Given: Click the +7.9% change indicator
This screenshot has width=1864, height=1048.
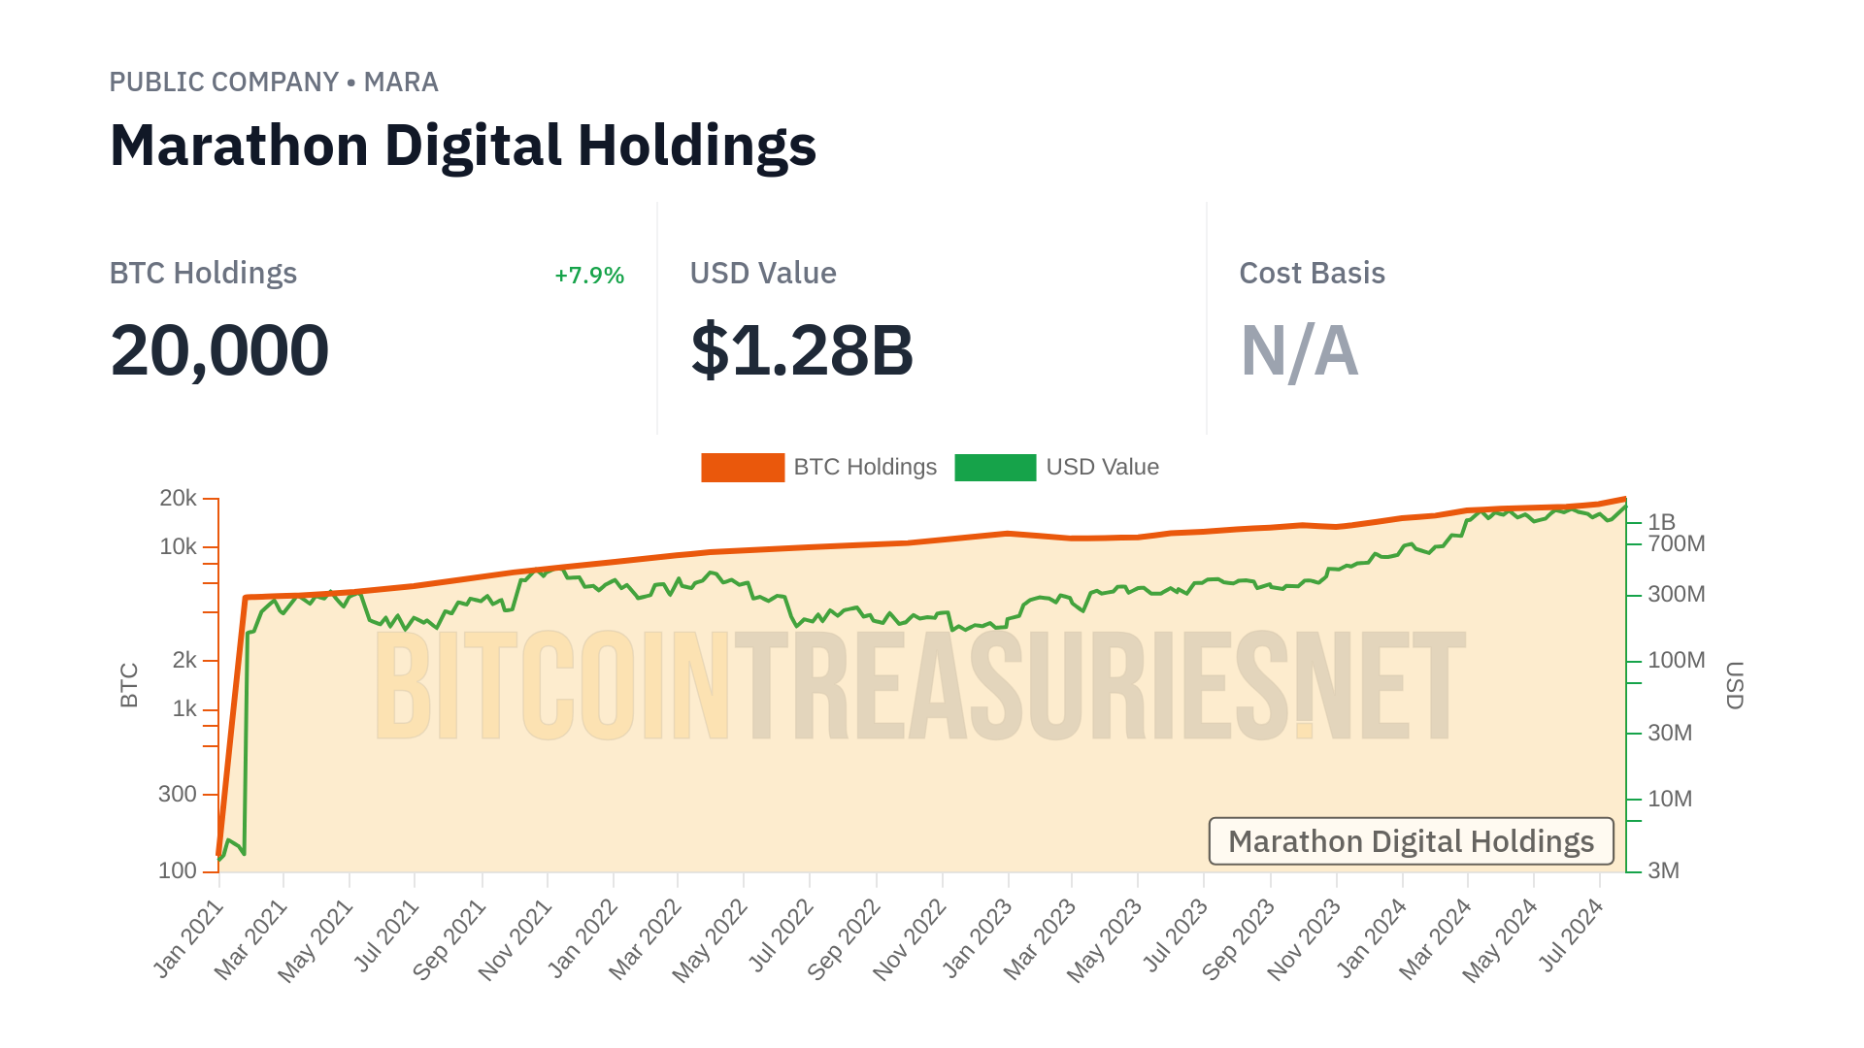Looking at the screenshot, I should click(x=588, y=276).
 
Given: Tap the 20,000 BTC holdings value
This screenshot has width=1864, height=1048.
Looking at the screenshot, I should click(x=219, y=350).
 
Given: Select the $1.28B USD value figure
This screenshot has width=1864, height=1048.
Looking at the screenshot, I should click(x=802, y=350).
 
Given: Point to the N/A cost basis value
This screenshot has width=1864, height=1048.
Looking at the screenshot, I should click(x=1299, y=350).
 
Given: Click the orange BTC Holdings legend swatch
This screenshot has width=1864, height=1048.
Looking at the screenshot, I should click(x=743, y=468).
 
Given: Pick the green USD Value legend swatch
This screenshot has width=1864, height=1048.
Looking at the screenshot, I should click(x=995, y=468).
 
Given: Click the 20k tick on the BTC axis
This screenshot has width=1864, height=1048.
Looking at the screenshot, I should click(x=179, y=499).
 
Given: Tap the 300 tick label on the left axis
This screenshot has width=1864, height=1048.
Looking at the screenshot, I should click(x=178, y=795).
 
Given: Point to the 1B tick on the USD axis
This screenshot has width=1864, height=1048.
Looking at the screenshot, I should click(x=1661, y=522).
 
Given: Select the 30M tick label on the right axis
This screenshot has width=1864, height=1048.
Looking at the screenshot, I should click(x=1669, y=734).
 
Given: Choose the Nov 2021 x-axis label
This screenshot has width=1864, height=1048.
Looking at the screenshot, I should click(x=516, y=939).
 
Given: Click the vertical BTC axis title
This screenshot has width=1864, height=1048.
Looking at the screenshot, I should click(x=129, y=685).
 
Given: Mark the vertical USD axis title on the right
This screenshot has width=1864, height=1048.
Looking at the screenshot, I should click(x=1735, y=685).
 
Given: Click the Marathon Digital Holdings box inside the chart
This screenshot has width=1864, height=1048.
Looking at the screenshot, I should click(x=1411, y=841).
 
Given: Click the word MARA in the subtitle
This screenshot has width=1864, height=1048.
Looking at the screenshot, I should click(x=401, y=82).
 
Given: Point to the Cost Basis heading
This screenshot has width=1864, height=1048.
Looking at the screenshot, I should click(x=1312, y=274).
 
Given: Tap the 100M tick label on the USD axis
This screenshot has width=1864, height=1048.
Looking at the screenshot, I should click(x=1676, y=661).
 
